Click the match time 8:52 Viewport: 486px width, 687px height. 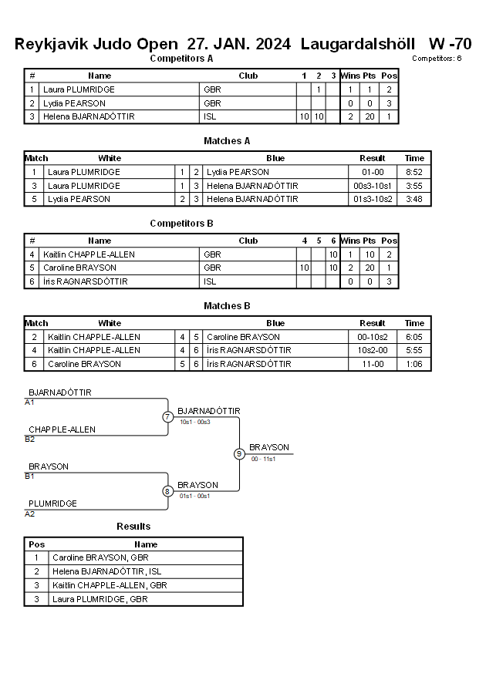click(x=413, y=172)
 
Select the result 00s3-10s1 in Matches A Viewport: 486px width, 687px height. click(x=373, y=186)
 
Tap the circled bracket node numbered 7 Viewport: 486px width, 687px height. click(x=167, y=416)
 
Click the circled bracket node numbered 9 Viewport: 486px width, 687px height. click(x=239, y=454)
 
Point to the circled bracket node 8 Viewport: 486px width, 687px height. click(x=167, y=492)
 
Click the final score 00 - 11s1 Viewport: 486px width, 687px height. click(x=263, y=460)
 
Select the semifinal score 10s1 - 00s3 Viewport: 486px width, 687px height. click(x=195, y=422)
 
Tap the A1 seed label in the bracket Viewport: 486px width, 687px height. click(x=29, y=402)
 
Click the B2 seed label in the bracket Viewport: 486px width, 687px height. click(x=30, y=439)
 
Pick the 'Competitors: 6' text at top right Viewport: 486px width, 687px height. click(x=437, y=59)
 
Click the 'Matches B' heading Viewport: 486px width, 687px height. click(x=227, y=306)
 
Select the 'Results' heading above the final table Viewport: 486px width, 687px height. click(x=133, y=526)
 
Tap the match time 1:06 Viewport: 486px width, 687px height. click(x=414, y=364)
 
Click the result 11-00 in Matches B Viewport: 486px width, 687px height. click(x=373, y=364)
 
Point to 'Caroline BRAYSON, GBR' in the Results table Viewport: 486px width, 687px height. click(x=100, y=557)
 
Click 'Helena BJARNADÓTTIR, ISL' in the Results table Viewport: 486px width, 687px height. click(x=107, y=571)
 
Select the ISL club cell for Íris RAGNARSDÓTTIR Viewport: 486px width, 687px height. click(x=210, y=281)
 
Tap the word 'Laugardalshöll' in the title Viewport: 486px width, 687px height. click(x=358, y=44)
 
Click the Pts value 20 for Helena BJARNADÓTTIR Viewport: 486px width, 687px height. click(x=370, y=116)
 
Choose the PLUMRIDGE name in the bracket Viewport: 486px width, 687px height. click(x=52, y=503)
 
